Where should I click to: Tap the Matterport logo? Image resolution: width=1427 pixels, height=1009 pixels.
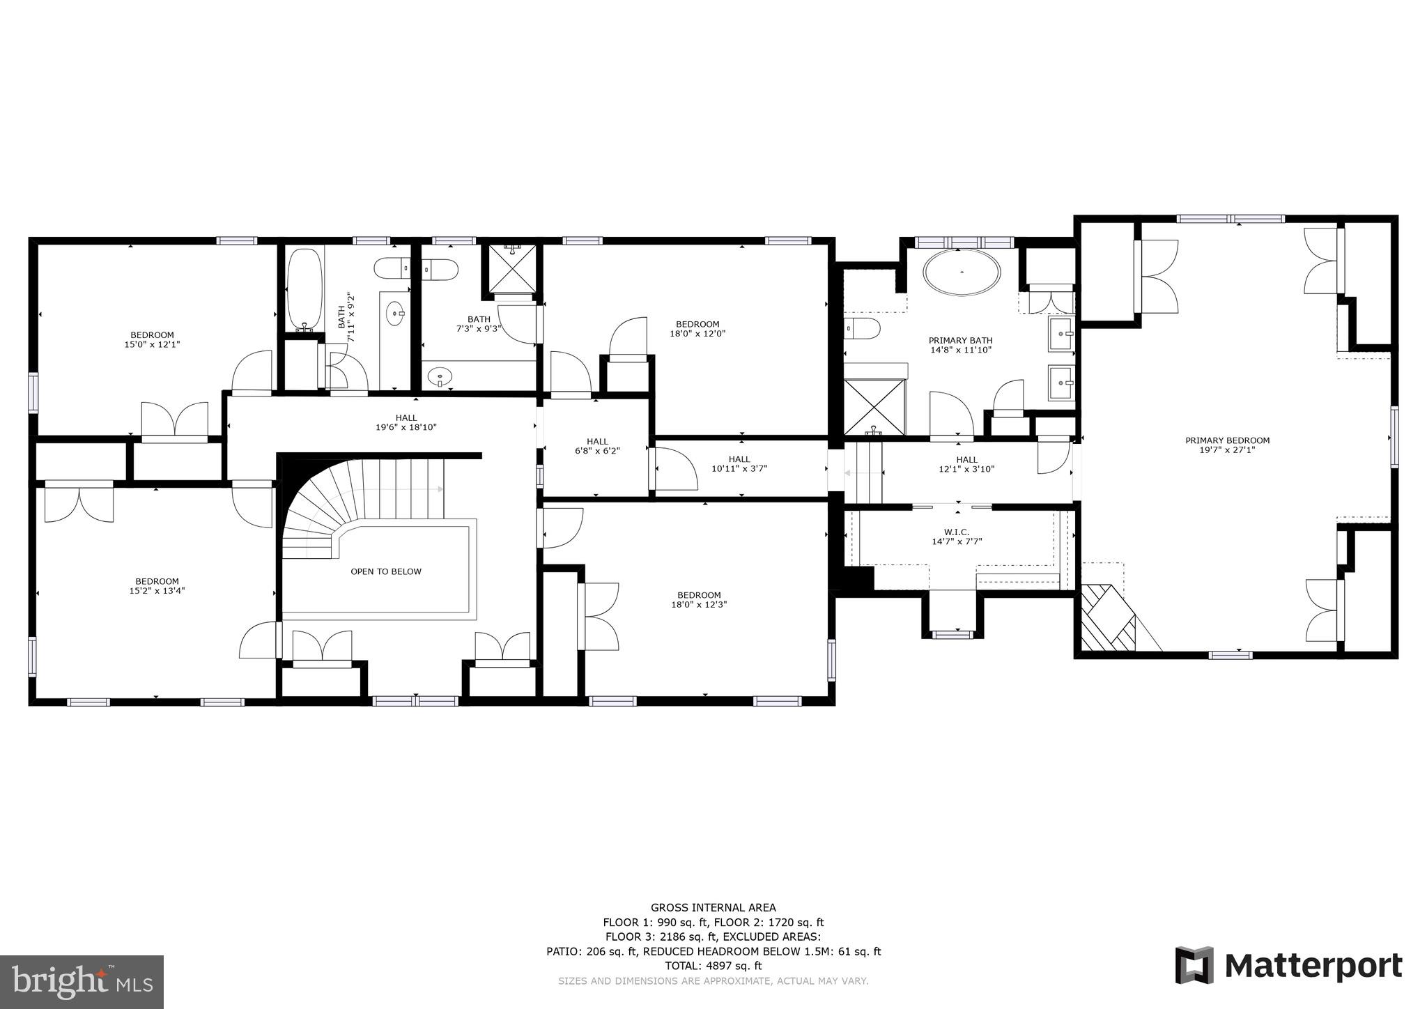pyautogui.click(x=1288, y=966)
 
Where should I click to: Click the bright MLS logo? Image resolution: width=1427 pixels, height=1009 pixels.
pyautogui.click(x=82, y=982)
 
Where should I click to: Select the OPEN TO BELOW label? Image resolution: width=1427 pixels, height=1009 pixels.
pyautogui.click(x=385, y=571)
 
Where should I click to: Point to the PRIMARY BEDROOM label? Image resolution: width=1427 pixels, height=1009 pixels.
pyautogui.click(x=1227, y=440)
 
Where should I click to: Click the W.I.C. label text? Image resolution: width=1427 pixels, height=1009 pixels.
pyautogui.click(x=957, y=532)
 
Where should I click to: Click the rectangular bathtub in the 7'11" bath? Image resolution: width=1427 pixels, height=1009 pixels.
pyautogui.click(x=304, y=287)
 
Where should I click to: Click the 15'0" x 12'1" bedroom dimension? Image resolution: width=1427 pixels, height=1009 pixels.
pyautogui.click(x=152, y=344)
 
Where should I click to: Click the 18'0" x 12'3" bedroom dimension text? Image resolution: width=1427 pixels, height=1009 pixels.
pyautogui.click(x=697, y=605)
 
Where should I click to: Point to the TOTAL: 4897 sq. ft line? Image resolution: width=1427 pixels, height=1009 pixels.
pyautogui.click(x=713, y=966)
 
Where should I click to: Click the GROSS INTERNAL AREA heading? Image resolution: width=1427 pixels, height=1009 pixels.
pyautogui.click(x=713, y=907)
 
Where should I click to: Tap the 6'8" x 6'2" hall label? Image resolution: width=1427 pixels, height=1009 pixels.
pyautogui.click(x=597, y=451)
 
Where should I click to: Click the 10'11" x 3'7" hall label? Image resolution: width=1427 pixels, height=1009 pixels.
pyautogui.click(x=739, y=468)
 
